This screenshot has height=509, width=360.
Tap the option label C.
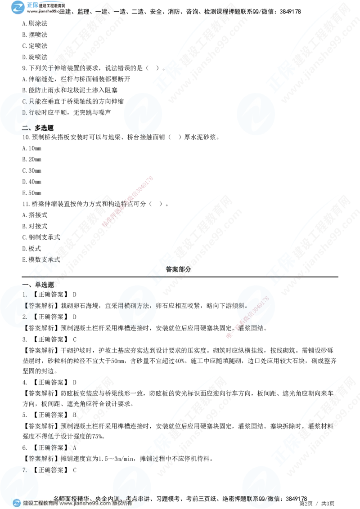tap(25, 102)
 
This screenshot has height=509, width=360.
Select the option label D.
tap(25, 112)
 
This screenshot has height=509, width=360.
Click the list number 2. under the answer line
tap(25, 317)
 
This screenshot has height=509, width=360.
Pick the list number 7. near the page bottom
tap(25, 470)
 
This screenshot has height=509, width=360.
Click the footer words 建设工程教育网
tap(40, 504)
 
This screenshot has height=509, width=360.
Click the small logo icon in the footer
tap(17, 503)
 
